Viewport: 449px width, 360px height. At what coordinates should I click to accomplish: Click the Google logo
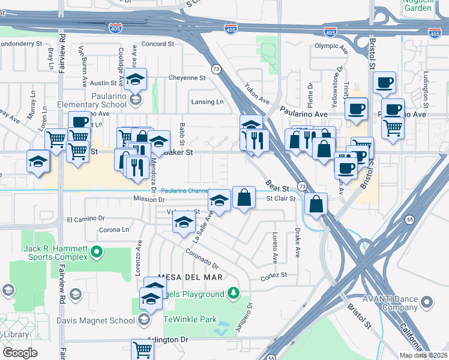(20, 352)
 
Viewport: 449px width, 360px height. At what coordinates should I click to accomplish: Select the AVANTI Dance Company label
(390, 302)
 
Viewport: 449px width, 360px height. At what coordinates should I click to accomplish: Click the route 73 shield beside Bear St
(303, 187)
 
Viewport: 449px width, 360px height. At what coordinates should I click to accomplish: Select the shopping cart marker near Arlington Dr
(143, 349)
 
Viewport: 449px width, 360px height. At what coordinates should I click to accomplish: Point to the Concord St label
(157, 44)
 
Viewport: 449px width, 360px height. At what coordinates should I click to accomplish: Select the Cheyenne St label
(187, 77)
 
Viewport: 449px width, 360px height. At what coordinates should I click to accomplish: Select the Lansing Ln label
(207, 102)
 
